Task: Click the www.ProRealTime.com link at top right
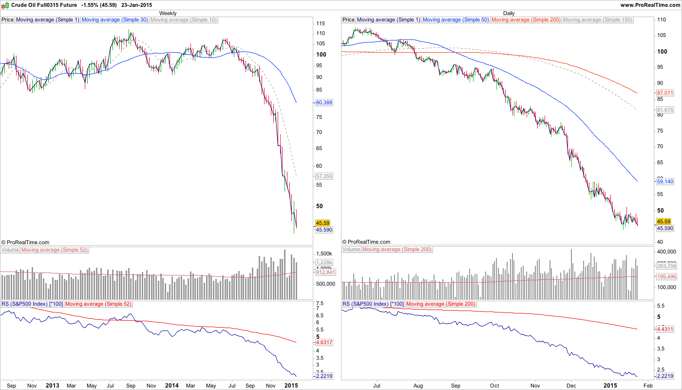650,5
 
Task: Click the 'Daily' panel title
509,13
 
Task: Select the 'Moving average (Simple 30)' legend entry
115,20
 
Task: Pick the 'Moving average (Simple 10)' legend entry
184,20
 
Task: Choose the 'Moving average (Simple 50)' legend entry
456,20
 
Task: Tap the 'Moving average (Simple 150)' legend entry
597,20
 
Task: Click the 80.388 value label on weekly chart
324,103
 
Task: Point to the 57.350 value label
324,176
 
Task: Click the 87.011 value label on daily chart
665,93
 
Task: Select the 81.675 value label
665,110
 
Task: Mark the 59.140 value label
665,181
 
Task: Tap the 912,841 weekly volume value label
324,273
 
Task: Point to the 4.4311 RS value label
665,329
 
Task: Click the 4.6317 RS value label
324,343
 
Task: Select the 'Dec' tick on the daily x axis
572,385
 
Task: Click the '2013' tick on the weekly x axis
52,385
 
